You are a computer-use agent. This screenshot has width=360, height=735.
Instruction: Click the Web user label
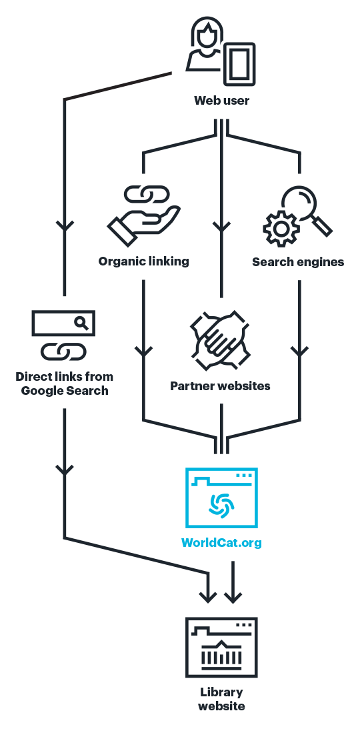[x=221, y=101]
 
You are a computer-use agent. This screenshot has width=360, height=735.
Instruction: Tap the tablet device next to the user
[x=239, y=64]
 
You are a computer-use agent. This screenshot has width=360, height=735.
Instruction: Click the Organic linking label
[x=143, y=261]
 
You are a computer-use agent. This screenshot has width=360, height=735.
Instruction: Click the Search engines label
[x=298, y=262]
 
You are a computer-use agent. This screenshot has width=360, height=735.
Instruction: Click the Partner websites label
[x=220, y=386]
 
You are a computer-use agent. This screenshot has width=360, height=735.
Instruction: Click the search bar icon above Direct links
[x=63, y=323]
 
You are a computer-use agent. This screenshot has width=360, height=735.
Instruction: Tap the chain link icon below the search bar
[x=63, y=351]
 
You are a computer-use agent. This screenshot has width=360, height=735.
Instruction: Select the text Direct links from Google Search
[x=64, y=384]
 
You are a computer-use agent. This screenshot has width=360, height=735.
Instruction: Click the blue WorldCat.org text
[x=221, y=542]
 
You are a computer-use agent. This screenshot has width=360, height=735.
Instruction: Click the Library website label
[x=221, y=699]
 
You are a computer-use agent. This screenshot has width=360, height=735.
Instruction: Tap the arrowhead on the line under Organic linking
[x=143, y=351]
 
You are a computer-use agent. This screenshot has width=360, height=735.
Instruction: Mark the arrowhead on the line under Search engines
[x=299, y=351]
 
